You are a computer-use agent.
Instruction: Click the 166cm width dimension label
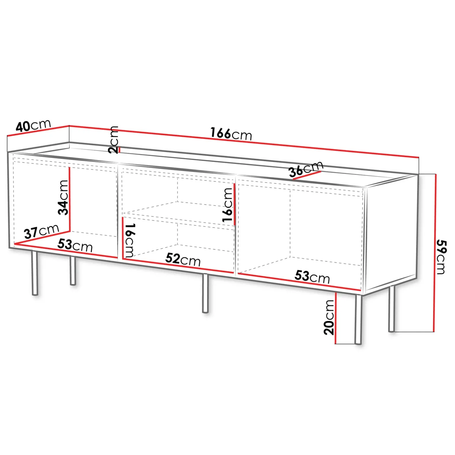click(x=231, y=134)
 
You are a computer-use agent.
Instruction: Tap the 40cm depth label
click(x=33, y=125)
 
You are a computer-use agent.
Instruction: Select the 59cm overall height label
click(x=442, y=257)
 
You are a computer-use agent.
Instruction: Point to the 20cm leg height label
click(x=329, y=317)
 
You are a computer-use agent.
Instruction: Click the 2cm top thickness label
click(x=113, y=140)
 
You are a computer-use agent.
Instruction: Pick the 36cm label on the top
click(x=306, y=169)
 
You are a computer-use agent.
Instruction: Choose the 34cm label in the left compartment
click(x=63, y=197)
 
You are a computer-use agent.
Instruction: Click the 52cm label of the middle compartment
click(x=183, y=259)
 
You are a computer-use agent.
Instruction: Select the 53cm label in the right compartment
click(x=312, y=277)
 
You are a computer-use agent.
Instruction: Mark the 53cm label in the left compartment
click(x=75, y=245)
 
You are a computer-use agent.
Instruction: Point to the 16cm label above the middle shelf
click(x=227, y=205)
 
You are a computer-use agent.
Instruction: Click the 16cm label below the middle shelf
click(x=130, y=240)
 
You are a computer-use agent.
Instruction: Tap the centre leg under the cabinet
click(x=205, y=293)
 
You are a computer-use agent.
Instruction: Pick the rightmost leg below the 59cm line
click(x=391, y=309)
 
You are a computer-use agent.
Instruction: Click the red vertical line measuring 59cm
click(x=434, y=253)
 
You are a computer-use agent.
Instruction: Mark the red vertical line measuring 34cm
click(x=69, y=199)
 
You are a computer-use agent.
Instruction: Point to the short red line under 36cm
click(x=307, y=175)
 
